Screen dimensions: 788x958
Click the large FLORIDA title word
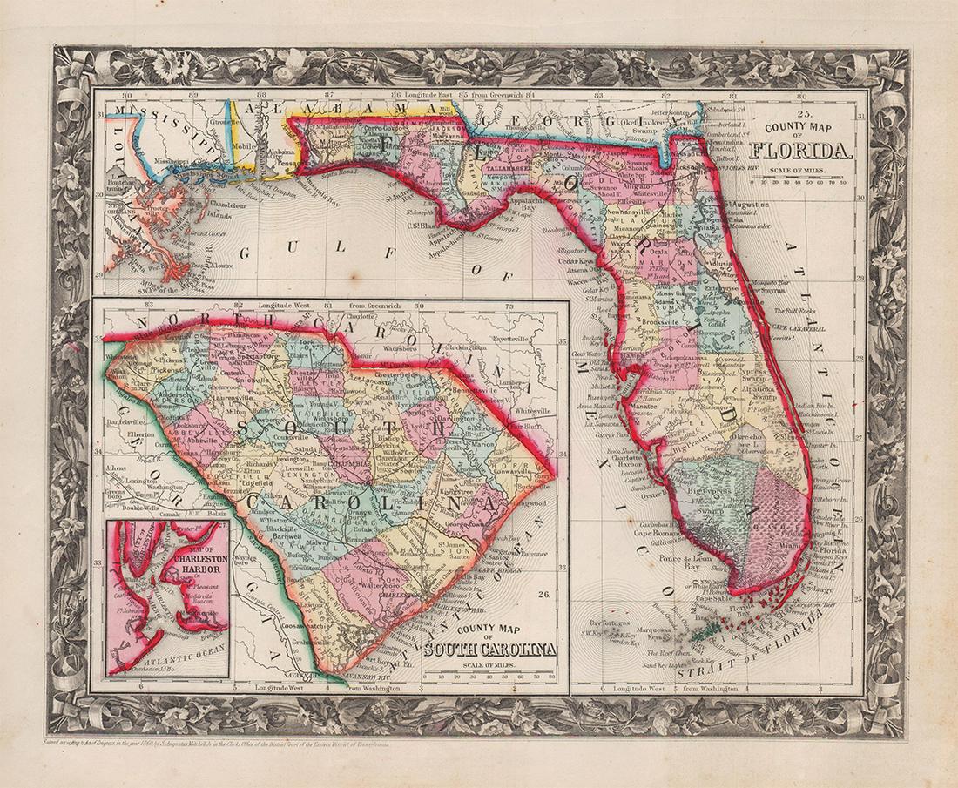click(x=800, y=150)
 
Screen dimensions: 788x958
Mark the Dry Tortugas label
click(x=609, y=623)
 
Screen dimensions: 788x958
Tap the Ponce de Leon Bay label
click(x=685, y=562)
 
